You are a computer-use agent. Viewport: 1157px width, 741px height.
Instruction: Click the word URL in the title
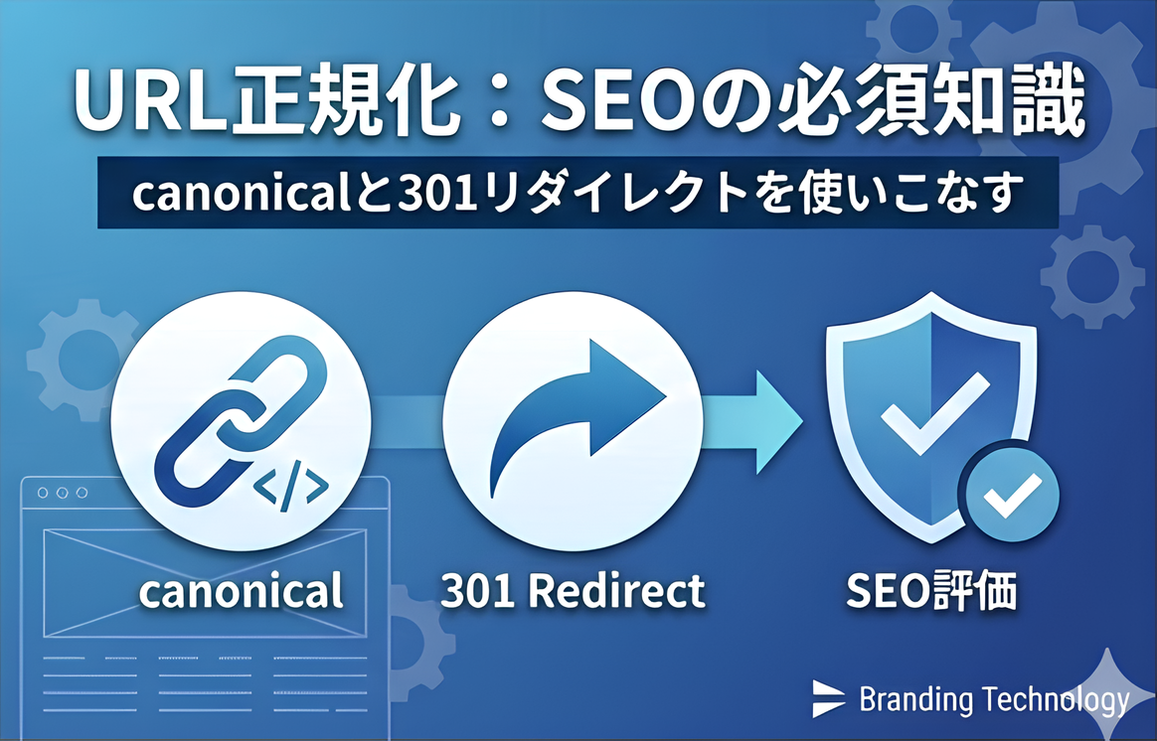pyautogui.click(x=150, y=103)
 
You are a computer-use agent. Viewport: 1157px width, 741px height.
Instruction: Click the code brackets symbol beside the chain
pyautogui.click(x=290, y=487)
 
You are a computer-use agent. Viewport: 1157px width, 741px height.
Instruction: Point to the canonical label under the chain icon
pyautogui.click(x=242, y=591)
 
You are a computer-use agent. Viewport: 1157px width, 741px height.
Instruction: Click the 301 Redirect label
pyautogui.click(x=573, y=591)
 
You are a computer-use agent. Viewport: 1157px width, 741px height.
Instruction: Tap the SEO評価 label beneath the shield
pyautogui.click(x=931, y=591)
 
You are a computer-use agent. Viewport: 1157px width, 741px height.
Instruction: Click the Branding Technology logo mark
pyautogui.click(x=828, y=698)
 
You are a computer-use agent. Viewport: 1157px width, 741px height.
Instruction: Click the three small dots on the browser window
pyautogui.click(x=62, y=493)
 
